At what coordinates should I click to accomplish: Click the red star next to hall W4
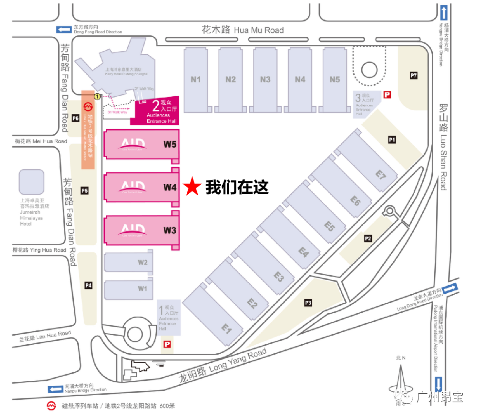[192, 187]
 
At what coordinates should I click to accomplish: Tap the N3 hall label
[265, 80]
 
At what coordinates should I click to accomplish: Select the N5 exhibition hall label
[335, 80]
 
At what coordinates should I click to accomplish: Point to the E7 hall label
[380, 175]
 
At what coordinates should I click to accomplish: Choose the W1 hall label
[143, 289]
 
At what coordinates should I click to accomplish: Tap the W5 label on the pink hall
[170, 144]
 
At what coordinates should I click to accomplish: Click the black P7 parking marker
[414, 75]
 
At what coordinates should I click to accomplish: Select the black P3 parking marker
[308, 302]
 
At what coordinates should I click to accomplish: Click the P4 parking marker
[88, 285]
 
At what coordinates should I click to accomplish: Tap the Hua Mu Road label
[243, 30]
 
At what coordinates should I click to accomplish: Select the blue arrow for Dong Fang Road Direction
[63, 30]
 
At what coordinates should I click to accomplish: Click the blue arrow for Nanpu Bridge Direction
[55, 389]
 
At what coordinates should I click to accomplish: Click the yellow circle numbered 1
[97, 96]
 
